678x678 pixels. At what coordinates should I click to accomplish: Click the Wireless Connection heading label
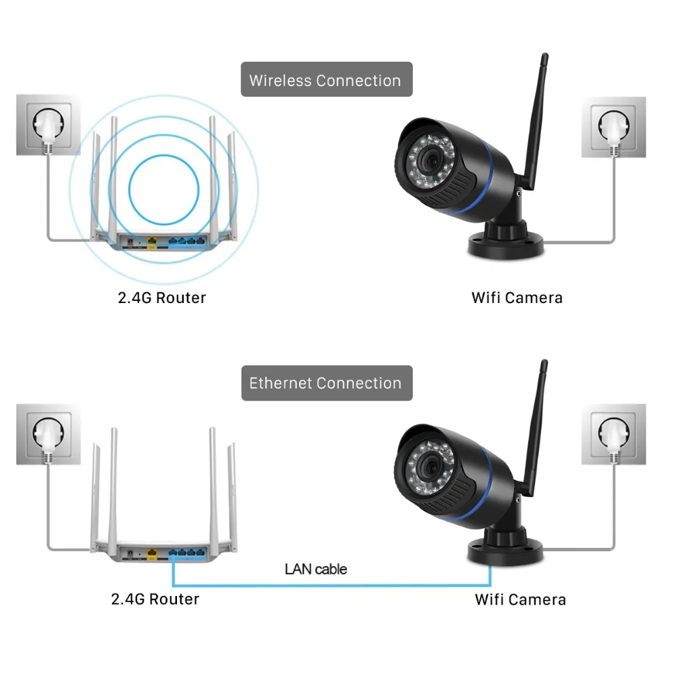(326, 80)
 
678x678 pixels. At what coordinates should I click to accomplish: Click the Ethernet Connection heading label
(326, 382)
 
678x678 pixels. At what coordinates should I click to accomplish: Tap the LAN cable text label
(315, 568)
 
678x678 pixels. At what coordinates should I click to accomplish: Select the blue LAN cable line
(332, 584)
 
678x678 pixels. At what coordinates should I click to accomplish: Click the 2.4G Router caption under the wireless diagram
(162, 297)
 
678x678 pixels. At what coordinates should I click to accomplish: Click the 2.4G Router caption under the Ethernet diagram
(155, 599)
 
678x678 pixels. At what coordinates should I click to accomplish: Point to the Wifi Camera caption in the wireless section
(517, 297)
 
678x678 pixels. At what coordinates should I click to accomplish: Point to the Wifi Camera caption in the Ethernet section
(520, 599)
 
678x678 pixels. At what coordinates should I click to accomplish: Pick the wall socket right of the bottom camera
(614, 435)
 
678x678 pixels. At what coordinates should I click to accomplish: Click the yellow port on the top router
(152, 239)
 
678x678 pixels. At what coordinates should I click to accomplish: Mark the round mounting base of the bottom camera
(505, 550)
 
